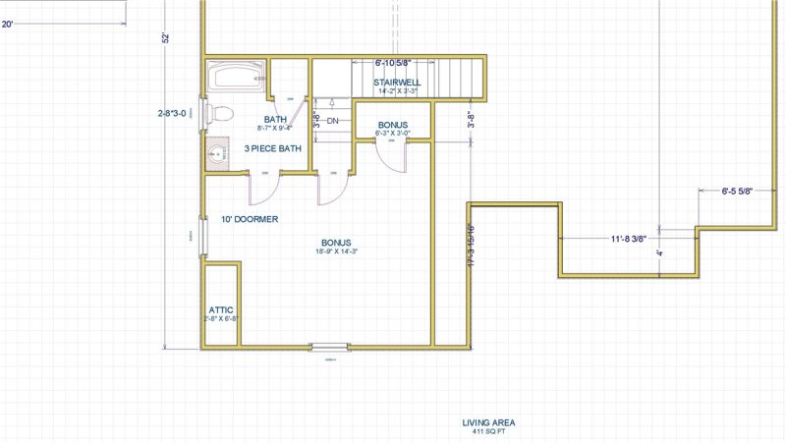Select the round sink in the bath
tap(218, 152)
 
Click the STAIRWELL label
tap(398, 83)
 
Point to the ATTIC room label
tap(221, 309)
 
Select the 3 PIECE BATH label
tap(273, 149)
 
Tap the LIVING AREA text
tap(488, 423)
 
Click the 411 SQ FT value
tap(488, 432)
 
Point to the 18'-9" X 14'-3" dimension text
tap(337, 252)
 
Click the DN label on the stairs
tap(332, 121)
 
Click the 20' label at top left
tap(8, 25)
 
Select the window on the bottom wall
tap(330, 346)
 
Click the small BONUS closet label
tap(392, 125)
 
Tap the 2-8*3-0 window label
tap(177, 113)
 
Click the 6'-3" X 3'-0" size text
tap(392, 133)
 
